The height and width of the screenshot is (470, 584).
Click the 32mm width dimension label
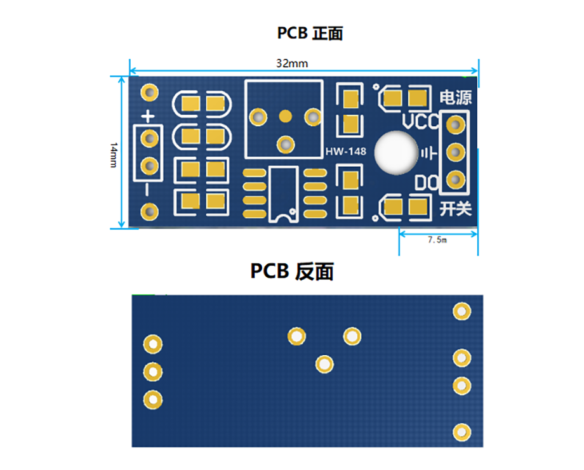(292, 63)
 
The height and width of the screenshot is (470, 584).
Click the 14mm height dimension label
(114, 155)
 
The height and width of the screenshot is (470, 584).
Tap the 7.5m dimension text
(437, 240)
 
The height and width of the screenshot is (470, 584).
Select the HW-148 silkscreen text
(345, 152)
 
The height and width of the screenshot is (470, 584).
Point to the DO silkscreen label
(427, 183)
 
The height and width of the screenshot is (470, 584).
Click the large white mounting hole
(396, 153)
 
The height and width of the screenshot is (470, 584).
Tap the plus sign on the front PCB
(148, 117)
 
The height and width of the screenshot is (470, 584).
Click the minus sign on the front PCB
(147, 190)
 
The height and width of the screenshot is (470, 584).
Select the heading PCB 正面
(310, 34)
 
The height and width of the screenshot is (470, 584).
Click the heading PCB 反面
(291, 271)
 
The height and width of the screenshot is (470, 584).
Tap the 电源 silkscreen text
(456, 98)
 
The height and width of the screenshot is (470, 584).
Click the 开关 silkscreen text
(456, 209)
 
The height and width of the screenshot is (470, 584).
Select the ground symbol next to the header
(429, 153)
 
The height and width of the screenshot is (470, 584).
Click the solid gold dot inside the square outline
(285, 116)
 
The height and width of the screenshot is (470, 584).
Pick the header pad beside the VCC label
(456, 125)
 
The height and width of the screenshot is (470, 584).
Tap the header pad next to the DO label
(456, 180)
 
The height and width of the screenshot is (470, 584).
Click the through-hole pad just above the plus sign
(149, 93)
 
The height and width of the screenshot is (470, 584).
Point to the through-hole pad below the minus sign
(149, 212)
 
